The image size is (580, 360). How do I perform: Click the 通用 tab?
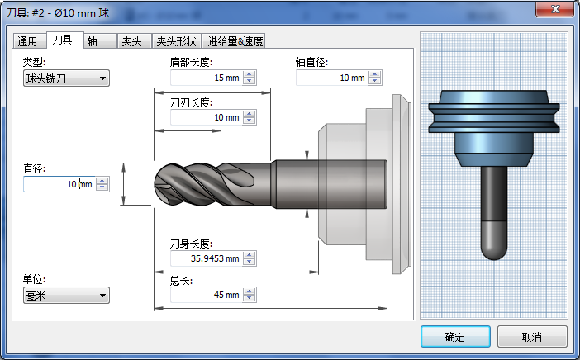coord(27,41)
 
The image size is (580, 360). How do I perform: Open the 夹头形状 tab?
coord(176,41)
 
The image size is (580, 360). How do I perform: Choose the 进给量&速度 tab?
coord(235,41)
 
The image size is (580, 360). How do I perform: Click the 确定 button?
coord(454,337)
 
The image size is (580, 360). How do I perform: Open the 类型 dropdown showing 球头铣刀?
coord(66,78)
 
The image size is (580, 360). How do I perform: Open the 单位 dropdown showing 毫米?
coord(66,295)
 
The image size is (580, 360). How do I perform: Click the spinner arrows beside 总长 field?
coord(250,295)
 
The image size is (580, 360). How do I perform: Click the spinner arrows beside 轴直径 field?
coord(375,78)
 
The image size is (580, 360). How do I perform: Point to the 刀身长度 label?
coord(191,244)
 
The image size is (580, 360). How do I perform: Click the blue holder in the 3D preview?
coord(493,132)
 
